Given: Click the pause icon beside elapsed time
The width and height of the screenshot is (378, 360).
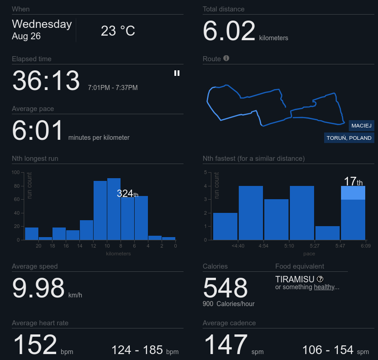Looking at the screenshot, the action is pos(177,73).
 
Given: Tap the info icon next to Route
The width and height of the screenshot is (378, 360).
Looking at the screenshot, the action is pos(226,58).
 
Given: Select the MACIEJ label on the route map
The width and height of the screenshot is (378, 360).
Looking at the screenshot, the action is pos(362,126).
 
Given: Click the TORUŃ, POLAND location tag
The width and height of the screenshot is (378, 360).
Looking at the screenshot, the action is pos(349,138).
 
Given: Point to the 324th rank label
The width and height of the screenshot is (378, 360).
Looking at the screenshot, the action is pos(127,193).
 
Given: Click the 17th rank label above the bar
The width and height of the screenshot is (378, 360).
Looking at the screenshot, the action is pos(353,181).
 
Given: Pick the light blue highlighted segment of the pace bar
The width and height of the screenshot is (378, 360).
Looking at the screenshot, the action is pos(353,193).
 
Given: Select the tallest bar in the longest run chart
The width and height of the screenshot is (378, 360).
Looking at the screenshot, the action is pos(114,209).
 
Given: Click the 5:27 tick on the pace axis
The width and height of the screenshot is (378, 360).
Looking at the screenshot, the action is pos(315,246).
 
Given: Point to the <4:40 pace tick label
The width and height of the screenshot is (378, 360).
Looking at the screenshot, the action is pos(238,246).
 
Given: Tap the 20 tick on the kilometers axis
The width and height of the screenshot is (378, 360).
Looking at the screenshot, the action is pos(38,246).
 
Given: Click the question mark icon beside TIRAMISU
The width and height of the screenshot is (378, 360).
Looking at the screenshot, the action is pos(320,279).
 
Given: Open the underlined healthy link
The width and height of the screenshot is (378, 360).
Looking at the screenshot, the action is pos(324,287).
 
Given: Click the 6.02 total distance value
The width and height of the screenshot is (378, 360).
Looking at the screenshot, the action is pos(229,31).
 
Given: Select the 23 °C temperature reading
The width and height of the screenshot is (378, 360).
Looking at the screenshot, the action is pos(118,31).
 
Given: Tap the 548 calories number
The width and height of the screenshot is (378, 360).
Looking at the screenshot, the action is pos(225,288).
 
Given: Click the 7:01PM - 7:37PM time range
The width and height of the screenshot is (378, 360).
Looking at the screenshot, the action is pos(113,88).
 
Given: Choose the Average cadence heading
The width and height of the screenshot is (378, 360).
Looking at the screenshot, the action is pos(229,323).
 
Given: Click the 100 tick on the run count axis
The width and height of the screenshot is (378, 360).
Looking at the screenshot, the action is pos(16,172).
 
